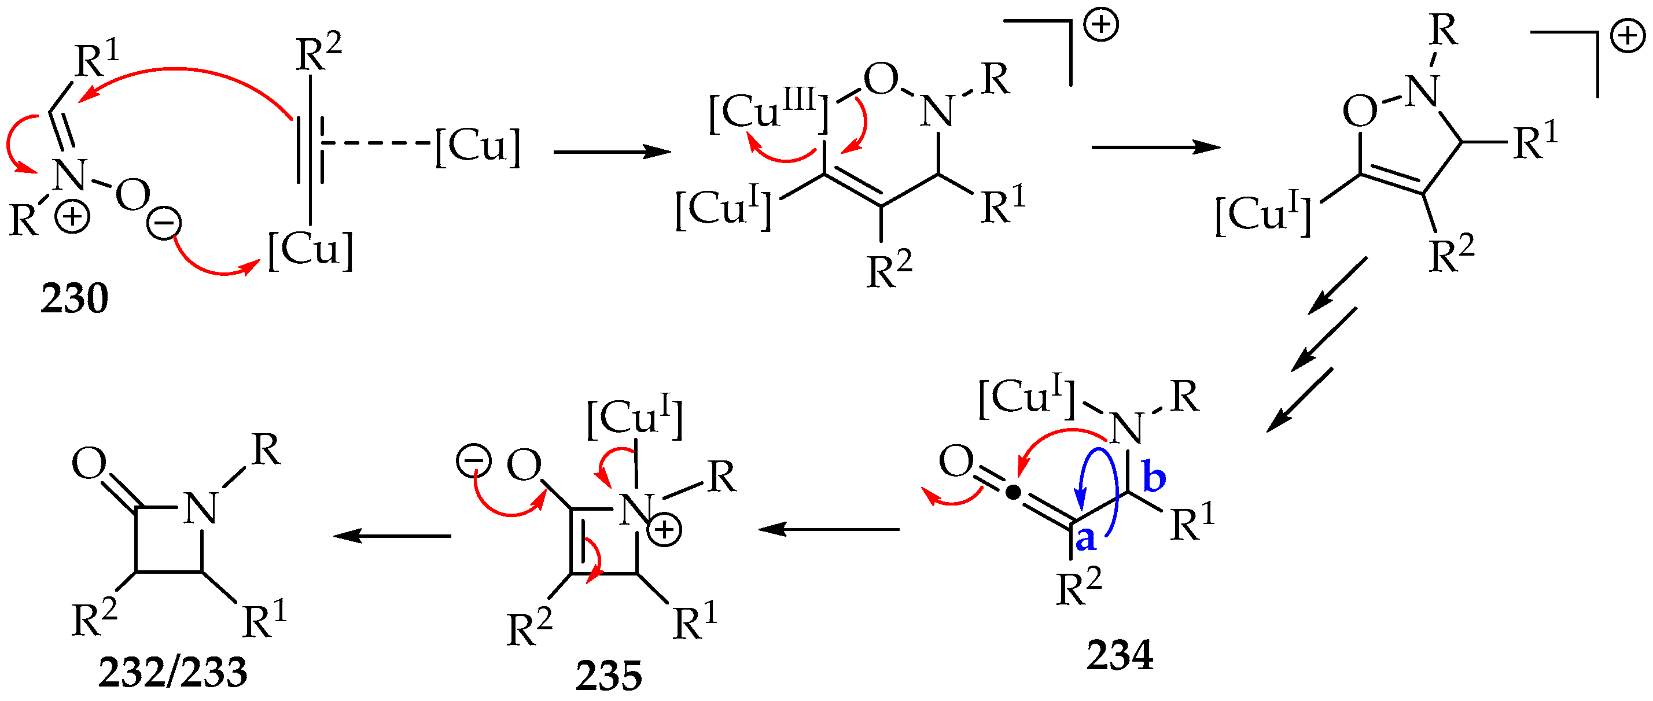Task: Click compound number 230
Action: tap(75, 298)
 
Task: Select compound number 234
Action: tap(1120, 655)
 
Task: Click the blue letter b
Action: tap(1154, 478)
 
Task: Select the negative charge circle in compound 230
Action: tap(164, 223)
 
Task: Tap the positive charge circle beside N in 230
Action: tap(71, 217)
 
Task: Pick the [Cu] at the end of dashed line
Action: tap(477, 147)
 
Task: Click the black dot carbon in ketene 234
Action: tap(1013, 493)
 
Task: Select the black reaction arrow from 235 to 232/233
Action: tap(392, 535)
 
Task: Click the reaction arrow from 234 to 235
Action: tap(829, 529)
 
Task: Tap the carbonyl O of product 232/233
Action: tap(89, 463)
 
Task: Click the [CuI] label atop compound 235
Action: tap(635, 418)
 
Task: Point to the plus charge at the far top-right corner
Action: tap(1628, 36)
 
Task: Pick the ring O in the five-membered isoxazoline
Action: tap(1360, 112)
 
